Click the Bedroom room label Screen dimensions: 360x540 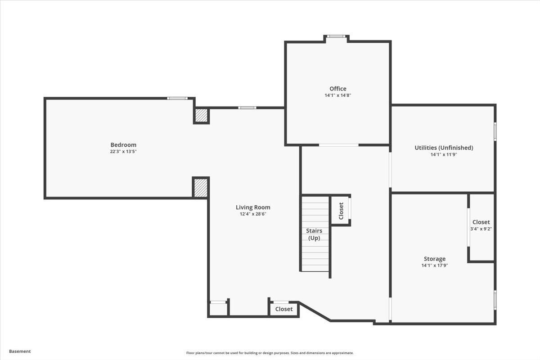(123, 145)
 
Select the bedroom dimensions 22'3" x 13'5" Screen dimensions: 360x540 (123, 152)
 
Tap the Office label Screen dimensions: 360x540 (338, 89)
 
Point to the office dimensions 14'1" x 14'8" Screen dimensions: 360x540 (338, 95)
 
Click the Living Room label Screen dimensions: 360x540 (253, 207)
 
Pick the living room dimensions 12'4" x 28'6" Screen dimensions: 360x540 (253, 214)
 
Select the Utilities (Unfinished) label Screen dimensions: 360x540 (444, 148)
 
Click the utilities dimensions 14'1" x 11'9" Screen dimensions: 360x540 (444, 154)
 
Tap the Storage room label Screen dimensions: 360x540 (435, 259)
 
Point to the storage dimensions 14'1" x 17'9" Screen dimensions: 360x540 (435, 265)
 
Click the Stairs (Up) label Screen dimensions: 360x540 (314, 234)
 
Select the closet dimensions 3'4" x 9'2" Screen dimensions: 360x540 (481, 229)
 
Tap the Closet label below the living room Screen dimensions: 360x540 (284, 309)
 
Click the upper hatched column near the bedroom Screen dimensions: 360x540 (202, 116)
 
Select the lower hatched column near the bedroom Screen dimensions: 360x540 (201, 188)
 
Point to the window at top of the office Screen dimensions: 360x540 (336, 36)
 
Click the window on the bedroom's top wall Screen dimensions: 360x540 (177, 98)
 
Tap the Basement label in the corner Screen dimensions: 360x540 (20, 351)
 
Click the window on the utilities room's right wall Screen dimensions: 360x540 (495, 131)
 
